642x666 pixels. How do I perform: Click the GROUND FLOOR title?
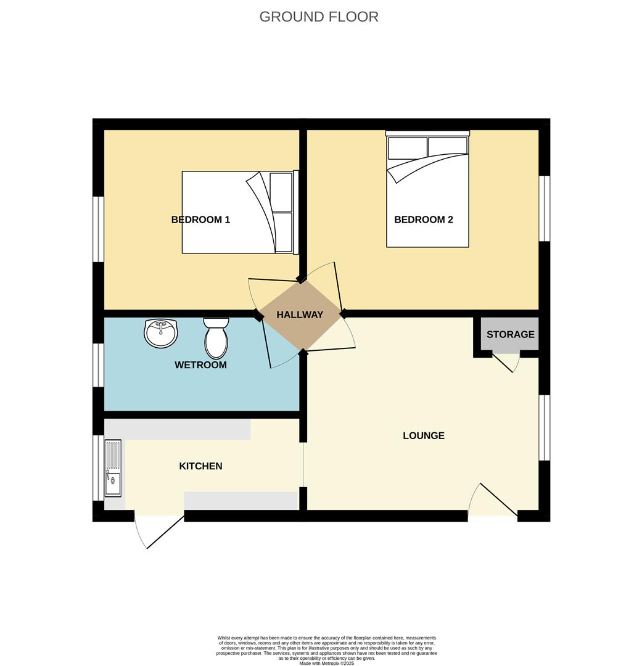pos(319,17)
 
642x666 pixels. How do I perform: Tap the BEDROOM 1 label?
pos(200,220)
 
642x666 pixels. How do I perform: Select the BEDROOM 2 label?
pos(424,220)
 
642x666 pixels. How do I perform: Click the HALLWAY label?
pos(300,314)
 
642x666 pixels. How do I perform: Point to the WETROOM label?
pos(200,365)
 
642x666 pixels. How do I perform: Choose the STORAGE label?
pos(510,334)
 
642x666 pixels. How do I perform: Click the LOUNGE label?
pos(424,435)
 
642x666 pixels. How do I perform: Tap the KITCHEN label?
pos(200,466)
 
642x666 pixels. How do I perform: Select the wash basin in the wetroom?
pos(161,333)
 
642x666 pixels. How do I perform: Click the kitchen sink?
pos(113,467)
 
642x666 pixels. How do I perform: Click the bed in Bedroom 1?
pos(240,212)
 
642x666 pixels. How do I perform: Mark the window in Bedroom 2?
pos(545,208)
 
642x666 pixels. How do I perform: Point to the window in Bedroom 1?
pos(98,229)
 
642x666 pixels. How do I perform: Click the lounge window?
pos(544,427)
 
